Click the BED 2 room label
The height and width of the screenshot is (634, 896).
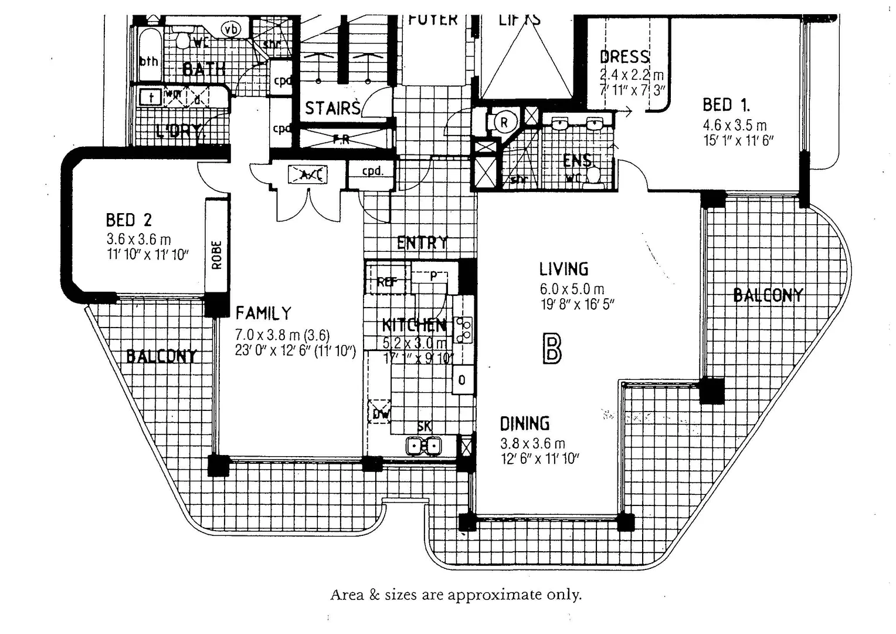click(x=128, y=220)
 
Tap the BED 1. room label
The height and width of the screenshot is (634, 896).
click(x=726, y=105)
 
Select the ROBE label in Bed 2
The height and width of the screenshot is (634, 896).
click(x=216, y=255)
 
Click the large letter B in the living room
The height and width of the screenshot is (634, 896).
click(x=552, y=349)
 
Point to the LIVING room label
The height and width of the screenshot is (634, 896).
click(x=564, y=269)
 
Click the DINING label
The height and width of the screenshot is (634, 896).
click(x=524, y=423)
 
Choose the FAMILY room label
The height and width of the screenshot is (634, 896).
click(x=263, y=313)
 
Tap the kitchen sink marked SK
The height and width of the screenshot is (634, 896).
click(x=423, y=446)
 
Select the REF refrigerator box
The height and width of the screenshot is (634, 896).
click(x=386, y=281)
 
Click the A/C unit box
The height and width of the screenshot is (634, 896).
click(x=308, y=174)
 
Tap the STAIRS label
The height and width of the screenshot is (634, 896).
click(x=332, y=108)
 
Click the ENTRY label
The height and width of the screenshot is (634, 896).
click(x=422, y=242)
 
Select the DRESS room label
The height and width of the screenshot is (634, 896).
click(x=625, y=57)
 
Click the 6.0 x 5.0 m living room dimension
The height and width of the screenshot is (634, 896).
click(x=572, y=289)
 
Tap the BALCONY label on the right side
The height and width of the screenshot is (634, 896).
click(x=768, y=295)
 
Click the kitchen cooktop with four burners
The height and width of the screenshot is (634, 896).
click(x=465, y=329)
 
